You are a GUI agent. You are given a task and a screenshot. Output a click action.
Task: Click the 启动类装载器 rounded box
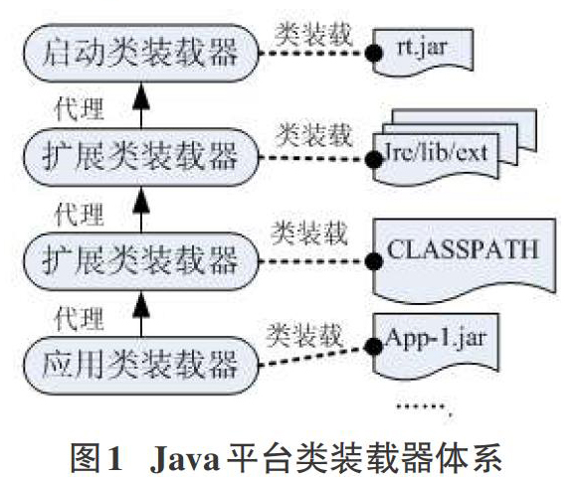140,53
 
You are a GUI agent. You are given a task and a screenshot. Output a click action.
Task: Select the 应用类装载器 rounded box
140,366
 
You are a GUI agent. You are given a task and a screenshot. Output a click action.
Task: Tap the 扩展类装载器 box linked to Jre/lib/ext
140,157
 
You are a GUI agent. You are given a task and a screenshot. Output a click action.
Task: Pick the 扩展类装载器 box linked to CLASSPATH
140,261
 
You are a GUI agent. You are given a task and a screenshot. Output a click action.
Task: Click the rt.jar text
421,49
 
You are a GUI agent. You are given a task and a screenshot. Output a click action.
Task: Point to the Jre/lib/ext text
437,153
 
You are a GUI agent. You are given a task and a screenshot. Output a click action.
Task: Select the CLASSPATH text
463,249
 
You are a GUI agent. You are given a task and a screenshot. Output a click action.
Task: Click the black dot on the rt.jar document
373,53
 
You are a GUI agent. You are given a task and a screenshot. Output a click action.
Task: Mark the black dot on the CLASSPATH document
373,261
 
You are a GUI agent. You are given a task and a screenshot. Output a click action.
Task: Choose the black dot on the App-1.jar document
373,346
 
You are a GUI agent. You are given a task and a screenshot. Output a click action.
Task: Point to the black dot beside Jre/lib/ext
373,159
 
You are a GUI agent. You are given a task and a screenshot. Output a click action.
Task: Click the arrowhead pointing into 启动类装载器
141,95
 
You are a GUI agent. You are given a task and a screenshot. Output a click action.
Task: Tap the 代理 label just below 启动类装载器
79,109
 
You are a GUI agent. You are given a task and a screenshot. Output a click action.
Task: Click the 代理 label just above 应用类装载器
79,318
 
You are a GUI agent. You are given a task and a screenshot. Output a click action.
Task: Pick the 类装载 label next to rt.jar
313,34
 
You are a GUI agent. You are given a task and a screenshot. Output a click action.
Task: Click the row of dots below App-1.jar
421,406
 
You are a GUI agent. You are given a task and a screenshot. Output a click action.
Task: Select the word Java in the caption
185,459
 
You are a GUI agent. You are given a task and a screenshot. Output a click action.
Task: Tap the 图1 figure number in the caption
97,458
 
